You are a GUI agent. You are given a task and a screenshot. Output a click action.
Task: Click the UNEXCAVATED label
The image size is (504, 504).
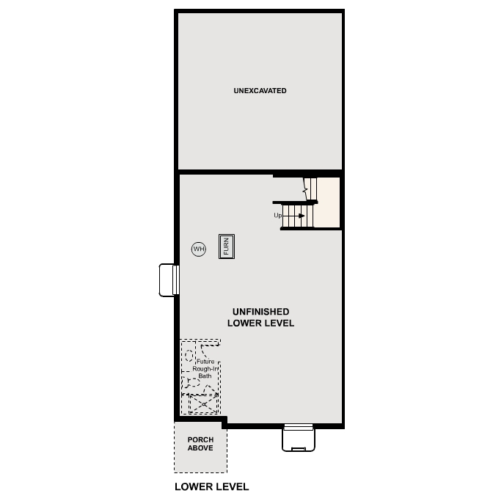tap(260, 91)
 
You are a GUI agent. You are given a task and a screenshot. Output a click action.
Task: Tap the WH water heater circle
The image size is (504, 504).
tap(199, 249)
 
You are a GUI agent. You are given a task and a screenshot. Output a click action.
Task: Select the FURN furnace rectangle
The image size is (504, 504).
tap(226, 245)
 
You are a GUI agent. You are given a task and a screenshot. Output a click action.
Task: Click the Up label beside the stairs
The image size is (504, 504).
tap(278, 216)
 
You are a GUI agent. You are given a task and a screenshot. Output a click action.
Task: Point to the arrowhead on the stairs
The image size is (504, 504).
tap(301, 216)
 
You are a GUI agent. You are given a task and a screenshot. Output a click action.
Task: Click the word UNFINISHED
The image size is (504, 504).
tap(260, 312)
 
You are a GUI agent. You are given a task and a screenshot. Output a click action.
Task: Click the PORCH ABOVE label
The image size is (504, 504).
tap(200, 444)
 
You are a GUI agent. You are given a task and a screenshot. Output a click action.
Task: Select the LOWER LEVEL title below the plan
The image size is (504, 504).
tap(211, 486)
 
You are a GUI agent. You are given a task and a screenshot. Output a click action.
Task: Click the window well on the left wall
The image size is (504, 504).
tap(169, 280)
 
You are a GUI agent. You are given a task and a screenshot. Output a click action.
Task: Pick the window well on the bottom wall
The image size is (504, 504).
tap(299, 438)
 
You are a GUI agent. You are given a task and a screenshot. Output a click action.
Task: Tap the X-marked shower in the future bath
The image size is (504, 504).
tap(204, 403)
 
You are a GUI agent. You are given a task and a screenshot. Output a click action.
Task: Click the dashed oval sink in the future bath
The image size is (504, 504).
tap(189, 355)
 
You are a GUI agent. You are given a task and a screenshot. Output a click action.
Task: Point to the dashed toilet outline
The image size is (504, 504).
tap(192, 382)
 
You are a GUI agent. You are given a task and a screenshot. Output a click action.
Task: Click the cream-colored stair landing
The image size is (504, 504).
tap(329, 202)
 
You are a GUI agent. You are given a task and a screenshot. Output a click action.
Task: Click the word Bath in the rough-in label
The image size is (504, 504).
tap(205, 376)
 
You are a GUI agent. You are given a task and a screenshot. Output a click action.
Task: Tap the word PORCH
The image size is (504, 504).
tap(200, 440)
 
